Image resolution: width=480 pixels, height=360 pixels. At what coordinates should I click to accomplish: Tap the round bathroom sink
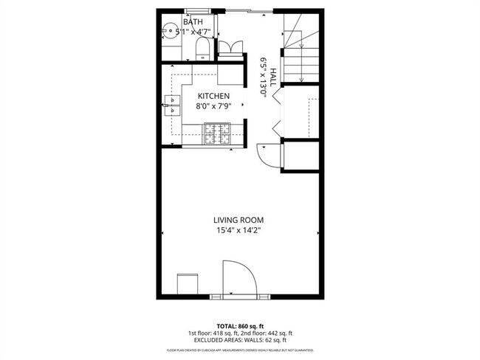[x=168, y=31]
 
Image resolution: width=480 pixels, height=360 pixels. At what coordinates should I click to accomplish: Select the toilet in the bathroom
[x=202, y=49]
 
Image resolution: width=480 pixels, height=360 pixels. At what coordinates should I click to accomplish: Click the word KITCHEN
[x=213, y=97]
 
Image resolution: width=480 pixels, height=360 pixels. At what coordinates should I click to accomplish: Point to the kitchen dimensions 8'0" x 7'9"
[x=213, y=106]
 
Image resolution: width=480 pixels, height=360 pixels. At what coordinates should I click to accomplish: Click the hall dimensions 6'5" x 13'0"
[x=262, y=74]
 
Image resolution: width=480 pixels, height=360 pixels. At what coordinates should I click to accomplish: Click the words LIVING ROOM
[x=239, y=220]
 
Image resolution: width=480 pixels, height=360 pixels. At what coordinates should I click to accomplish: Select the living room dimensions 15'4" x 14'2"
[x=239, y=230]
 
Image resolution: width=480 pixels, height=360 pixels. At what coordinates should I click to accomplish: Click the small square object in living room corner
[x=186, y=283]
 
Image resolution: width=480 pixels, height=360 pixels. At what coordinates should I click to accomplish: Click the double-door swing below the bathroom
[x=228, y=49]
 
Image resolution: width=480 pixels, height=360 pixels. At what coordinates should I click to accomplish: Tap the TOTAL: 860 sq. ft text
[x=240, y=325]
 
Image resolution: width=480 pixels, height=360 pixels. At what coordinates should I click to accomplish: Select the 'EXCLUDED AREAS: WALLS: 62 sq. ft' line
[x=240, y=340]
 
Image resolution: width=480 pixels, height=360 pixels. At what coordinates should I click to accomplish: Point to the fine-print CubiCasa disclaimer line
[x=240, y=350]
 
